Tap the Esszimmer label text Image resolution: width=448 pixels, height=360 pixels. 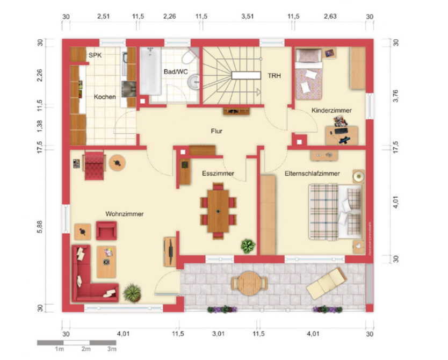(218, 174)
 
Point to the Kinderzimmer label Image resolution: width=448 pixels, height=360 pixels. (331, 110)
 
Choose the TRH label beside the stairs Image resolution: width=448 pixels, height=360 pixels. (274, 76)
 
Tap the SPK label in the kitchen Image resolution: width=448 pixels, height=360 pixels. (95, 55)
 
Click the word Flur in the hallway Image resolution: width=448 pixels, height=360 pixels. (217, 131)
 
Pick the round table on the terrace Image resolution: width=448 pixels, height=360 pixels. (249, 283)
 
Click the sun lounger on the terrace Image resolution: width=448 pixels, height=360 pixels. (326, 283)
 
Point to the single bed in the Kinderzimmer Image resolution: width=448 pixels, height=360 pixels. (309, 74)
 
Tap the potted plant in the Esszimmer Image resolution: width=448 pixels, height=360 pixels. (248, 246)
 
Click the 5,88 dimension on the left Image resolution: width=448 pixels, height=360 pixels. (40, 228)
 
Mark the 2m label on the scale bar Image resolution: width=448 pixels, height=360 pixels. (85, 349)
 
